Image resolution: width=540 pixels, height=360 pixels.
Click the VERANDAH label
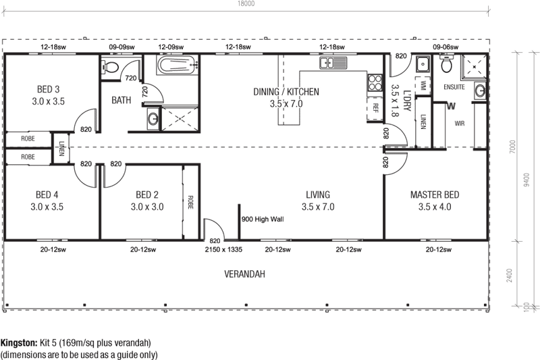pos(244,274)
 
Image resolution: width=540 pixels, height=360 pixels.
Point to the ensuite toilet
pos(446,66)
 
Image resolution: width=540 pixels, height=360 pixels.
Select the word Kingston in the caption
pos(19,342)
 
